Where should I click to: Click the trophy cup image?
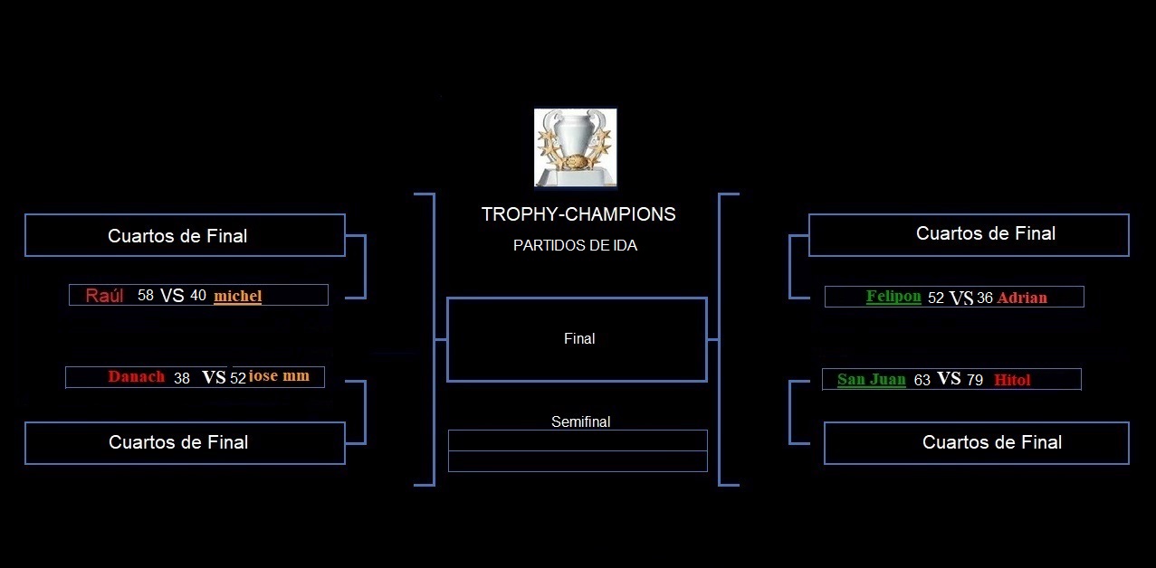pos(576,147)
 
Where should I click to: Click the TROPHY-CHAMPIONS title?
pos(578,213)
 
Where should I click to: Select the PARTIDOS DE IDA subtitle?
pos(575,245)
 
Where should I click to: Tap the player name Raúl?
pos(104,296)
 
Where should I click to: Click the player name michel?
pos(238,296)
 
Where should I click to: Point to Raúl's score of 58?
pos(146,296)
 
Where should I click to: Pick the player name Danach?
pos(137,376)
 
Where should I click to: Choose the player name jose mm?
pos(279,375)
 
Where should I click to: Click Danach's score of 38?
pos(182,378)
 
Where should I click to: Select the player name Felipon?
pos(893,297)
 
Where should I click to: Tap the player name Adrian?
pos(1022,298)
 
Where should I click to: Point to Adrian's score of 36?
pos(985,298)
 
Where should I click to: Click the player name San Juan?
pos(871,379)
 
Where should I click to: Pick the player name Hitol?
pos(1012,380)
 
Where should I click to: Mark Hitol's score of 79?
pos(974,380)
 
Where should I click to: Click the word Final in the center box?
pos(579,338)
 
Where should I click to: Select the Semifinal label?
pos(580,421)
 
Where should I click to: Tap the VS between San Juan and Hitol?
pos(949,379)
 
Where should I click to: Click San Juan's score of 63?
pos(922,380)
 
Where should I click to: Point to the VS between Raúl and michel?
pos(172,296)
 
